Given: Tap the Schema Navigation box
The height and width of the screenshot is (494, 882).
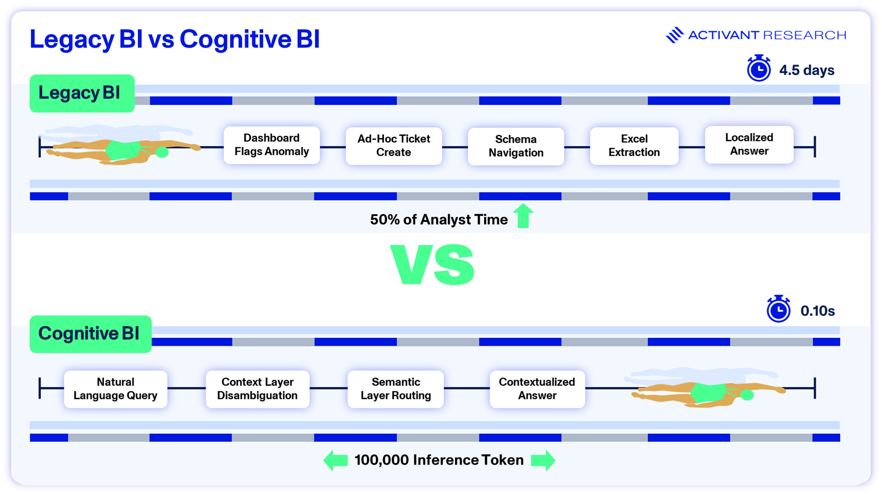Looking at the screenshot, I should tap(516, 146).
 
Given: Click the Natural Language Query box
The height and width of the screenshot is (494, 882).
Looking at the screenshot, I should tap(115, 389).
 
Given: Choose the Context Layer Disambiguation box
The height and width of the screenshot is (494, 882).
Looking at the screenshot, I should tap(257, 389).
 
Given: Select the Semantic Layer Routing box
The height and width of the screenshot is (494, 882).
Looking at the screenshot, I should tap(396, 389).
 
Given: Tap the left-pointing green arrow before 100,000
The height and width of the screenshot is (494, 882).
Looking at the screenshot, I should tap(336, 460).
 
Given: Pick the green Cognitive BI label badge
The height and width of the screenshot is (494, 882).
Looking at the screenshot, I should tap(90, 334).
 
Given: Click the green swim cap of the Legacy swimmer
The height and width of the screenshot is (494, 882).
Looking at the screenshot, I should tap(162, 152).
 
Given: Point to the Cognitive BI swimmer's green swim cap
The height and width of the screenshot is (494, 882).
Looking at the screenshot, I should tap(747, 395).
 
